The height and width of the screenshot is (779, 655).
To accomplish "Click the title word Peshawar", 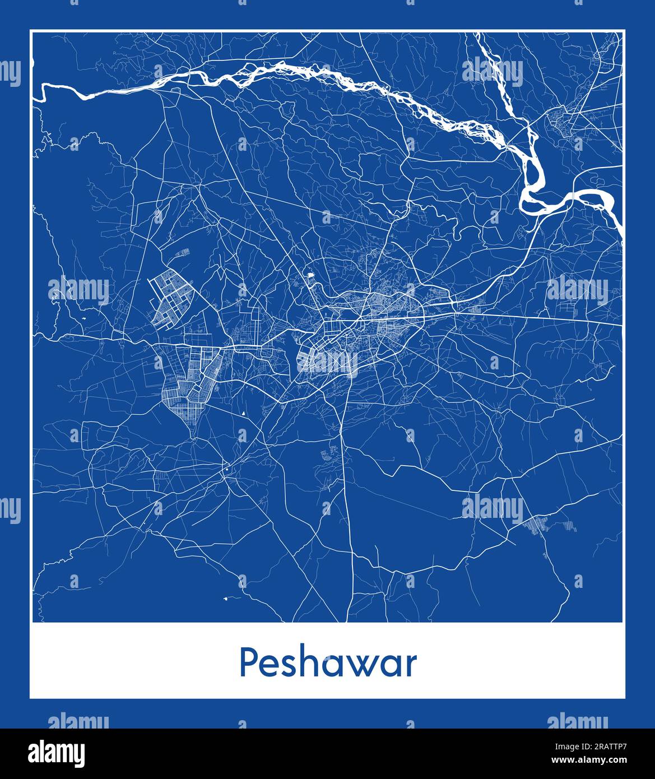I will point(328,664).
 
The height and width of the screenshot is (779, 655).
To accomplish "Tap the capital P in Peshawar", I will point(248,664).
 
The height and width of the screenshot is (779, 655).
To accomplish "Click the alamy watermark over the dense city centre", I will point(328,361).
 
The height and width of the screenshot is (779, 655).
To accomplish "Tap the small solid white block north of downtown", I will point(309,275).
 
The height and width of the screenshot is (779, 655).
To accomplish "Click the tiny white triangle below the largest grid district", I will point(244,414).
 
